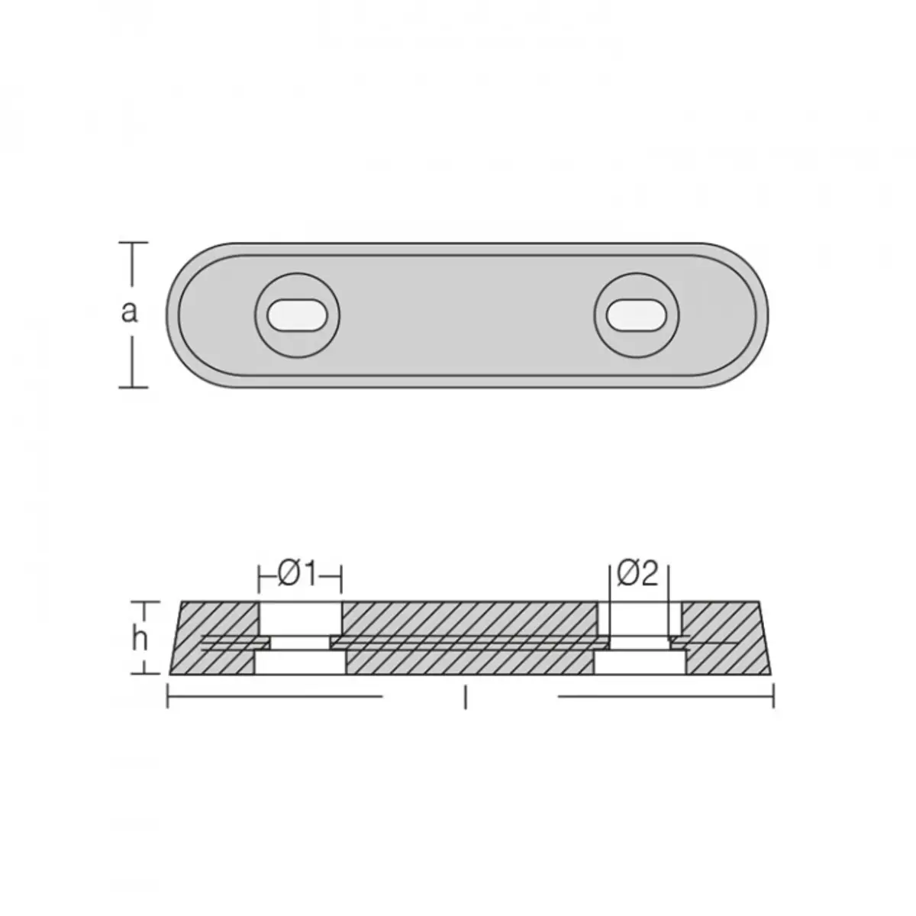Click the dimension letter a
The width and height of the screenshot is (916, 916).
coord(129,313)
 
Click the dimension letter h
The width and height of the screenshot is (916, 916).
coord(140,640)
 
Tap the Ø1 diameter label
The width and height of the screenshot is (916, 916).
coord(298,576)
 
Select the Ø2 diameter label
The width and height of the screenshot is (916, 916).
coord(638,573)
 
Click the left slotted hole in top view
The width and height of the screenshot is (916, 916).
coord(298,314)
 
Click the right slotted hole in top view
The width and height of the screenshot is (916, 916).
coord(637,314)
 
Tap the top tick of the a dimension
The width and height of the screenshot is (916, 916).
coord(133,243)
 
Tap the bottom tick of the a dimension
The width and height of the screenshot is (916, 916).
coord(133,388)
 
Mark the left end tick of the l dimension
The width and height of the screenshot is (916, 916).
coord(168,696)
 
